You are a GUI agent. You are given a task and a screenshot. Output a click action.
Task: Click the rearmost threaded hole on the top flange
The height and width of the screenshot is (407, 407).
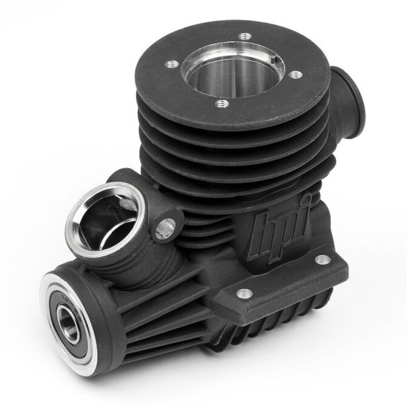[244, 36]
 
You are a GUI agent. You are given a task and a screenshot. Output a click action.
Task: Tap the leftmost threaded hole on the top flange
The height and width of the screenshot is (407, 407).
[172, 64]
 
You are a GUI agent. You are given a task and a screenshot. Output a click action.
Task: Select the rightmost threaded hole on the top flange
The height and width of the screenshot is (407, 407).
[296, 75]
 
